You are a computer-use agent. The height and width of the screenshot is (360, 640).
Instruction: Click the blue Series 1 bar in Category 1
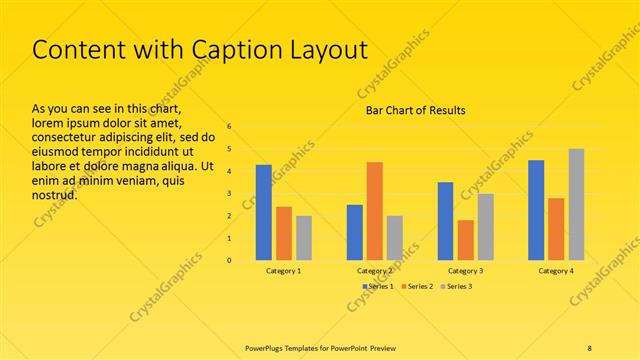coord(264,212)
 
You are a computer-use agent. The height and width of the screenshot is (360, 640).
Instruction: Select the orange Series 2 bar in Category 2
coord(374,211)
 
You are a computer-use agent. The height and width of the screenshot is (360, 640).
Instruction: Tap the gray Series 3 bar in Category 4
coord(576,204)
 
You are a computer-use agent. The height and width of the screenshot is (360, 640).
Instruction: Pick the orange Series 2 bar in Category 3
coord(465,240)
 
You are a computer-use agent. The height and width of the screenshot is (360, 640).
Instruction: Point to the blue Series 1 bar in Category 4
coord(536,210)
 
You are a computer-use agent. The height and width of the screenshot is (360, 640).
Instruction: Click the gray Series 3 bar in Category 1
coord(304,238)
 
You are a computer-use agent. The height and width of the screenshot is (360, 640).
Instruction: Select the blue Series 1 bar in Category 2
coord(354,232)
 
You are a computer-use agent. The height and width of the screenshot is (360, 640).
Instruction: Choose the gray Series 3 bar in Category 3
coord(485,227)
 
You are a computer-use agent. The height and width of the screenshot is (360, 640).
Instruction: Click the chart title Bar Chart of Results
coord(415,110)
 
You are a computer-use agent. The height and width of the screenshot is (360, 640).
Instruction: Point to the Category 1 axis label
coord(284,271)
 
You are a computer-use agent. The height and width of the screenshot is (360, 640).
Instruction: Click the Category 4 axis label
coord(556,271)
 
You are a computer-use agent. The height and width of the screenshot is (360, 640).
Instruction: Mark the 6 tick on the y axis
coord(229,127)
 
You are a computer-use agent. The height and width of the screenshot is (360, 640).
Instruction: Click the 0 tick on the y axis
coord(229,261)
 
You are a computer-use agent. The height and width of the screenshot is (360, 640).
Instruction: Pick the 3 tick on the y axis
coord(229,194)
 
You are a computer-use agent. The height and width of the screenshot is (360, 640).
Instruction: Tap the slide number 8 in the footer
coord(590,346)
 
